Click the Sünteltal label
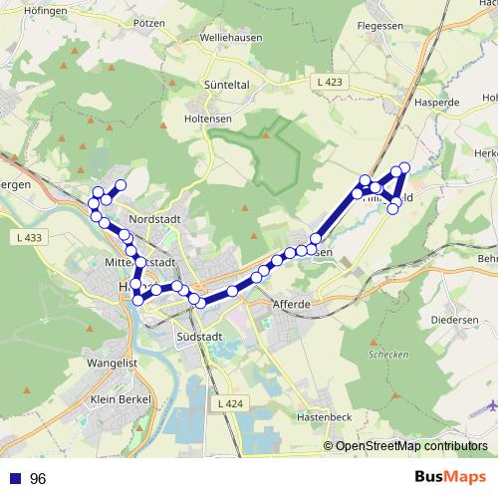pyautogui.click(x=227, y=86)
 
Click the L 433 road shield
pyautogui.click(x=30, y=237)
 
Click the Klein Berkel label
pyautogui.click(x=118, y=398)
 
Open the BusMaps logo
pyautogui.click(x=448, y=478)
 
